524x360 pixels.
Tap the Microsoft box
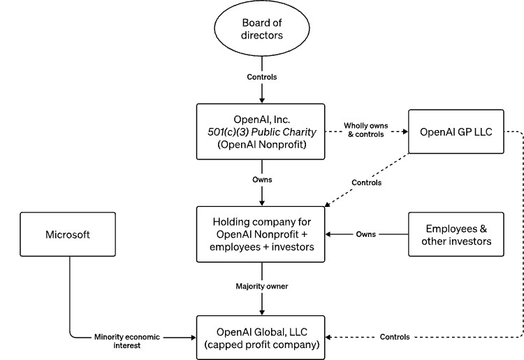68,234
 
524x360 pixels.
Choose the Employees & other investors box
455,234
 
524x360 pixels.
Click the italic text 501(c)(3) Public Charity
261,131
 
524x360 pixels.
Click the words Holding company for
261,222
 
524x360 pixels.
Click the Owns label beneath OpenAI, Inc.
261,180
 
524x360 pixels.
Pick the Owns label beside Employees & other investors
367,234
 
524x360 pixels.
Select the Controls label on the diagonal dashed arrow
367,182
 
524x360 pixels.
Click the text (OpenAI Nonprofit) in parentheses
261,145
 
